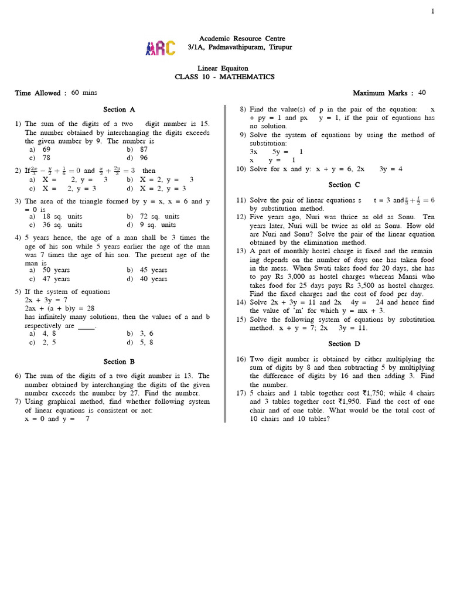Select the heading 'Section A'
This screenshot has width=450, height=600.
[x=119, y=110]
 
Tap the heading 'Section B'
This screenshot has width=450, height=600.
[x=119, y=362]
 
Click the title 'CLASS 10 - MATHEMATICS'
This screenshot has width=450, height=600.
[x=224, y=77]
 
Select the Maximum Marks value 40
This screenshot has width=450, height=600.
[x=422, y=93]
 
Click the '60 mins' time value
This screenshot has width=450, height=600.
[x=84, y=93]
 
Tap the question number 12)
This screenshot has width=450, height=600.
[x=242, y=216]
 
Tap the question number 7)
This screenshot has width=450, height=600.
[x=18, y=401]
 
